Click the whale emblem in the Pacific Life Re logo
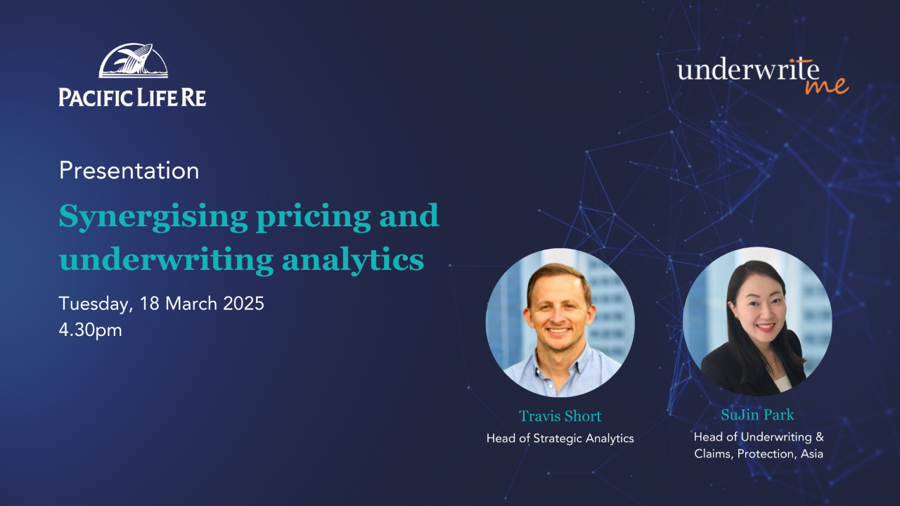point(133,60)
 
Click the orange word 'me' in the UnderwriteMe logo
point(827,86)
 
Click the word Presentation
point(129,171)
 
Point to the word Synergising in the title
point(153,217)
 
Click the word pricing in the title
point(314,217)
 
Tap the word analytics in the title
point(353,260)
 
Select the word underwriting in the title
point(167,260)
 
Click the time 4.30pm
point(91,330)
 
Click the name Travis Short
point(560,416)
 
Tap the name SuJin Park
point(757,415)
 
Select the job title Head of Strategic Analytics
point(560,438)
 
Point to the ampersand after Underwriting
point(819,436)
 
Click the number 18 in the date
point(148,303)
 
